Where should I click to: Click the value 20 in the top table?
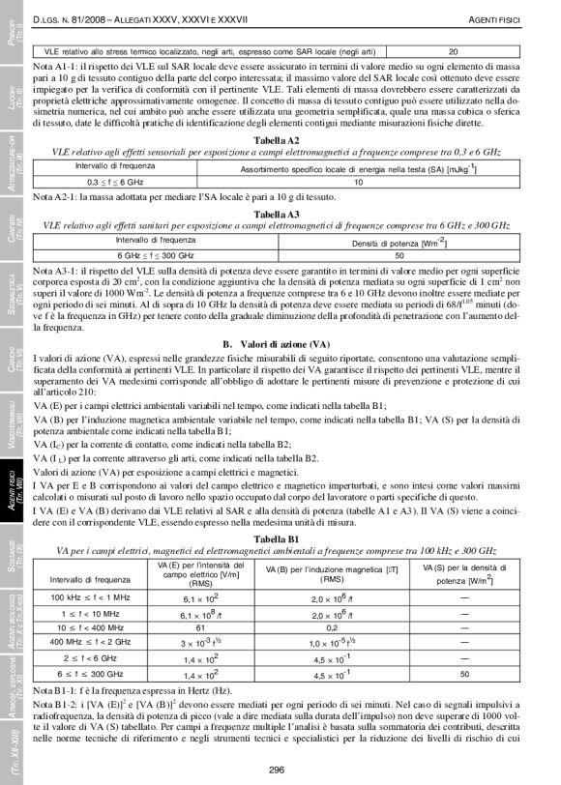[x=453, y=51]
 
